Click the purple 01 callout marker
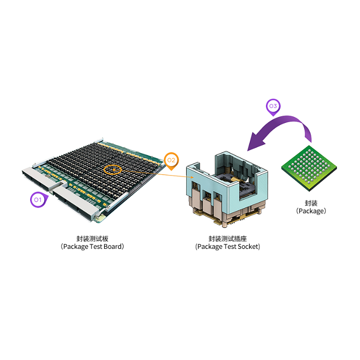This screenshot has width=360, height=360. tap(39, 199)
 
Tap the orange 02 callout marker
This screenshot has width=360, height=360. tap(171, 161)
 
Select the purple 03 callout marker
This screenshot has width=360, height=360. tap(273, 107)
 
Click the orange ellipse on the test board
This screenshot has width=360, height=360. tap(112, 170)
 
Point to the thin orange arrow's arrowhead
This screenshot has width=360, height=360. tap(192, 177)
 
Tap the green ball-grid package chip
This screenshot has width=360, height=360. tap(309, 168)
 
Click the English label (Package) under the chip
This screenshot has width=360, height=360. tap(311, 211)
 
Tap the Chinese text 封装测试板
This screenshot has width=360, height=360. tap(92, 239)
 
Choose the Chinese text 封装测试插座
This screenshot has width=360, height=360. tap(228, 239)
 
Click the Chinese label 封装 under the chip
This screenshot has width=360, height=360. tap(311, 203)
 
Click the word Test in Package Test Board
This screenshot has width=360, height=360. tap(96, 247)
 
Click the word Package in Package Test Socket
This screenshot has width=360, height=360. tap(210, 247)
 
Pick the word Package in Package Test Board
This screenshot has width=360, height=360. tap(76, 247)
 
